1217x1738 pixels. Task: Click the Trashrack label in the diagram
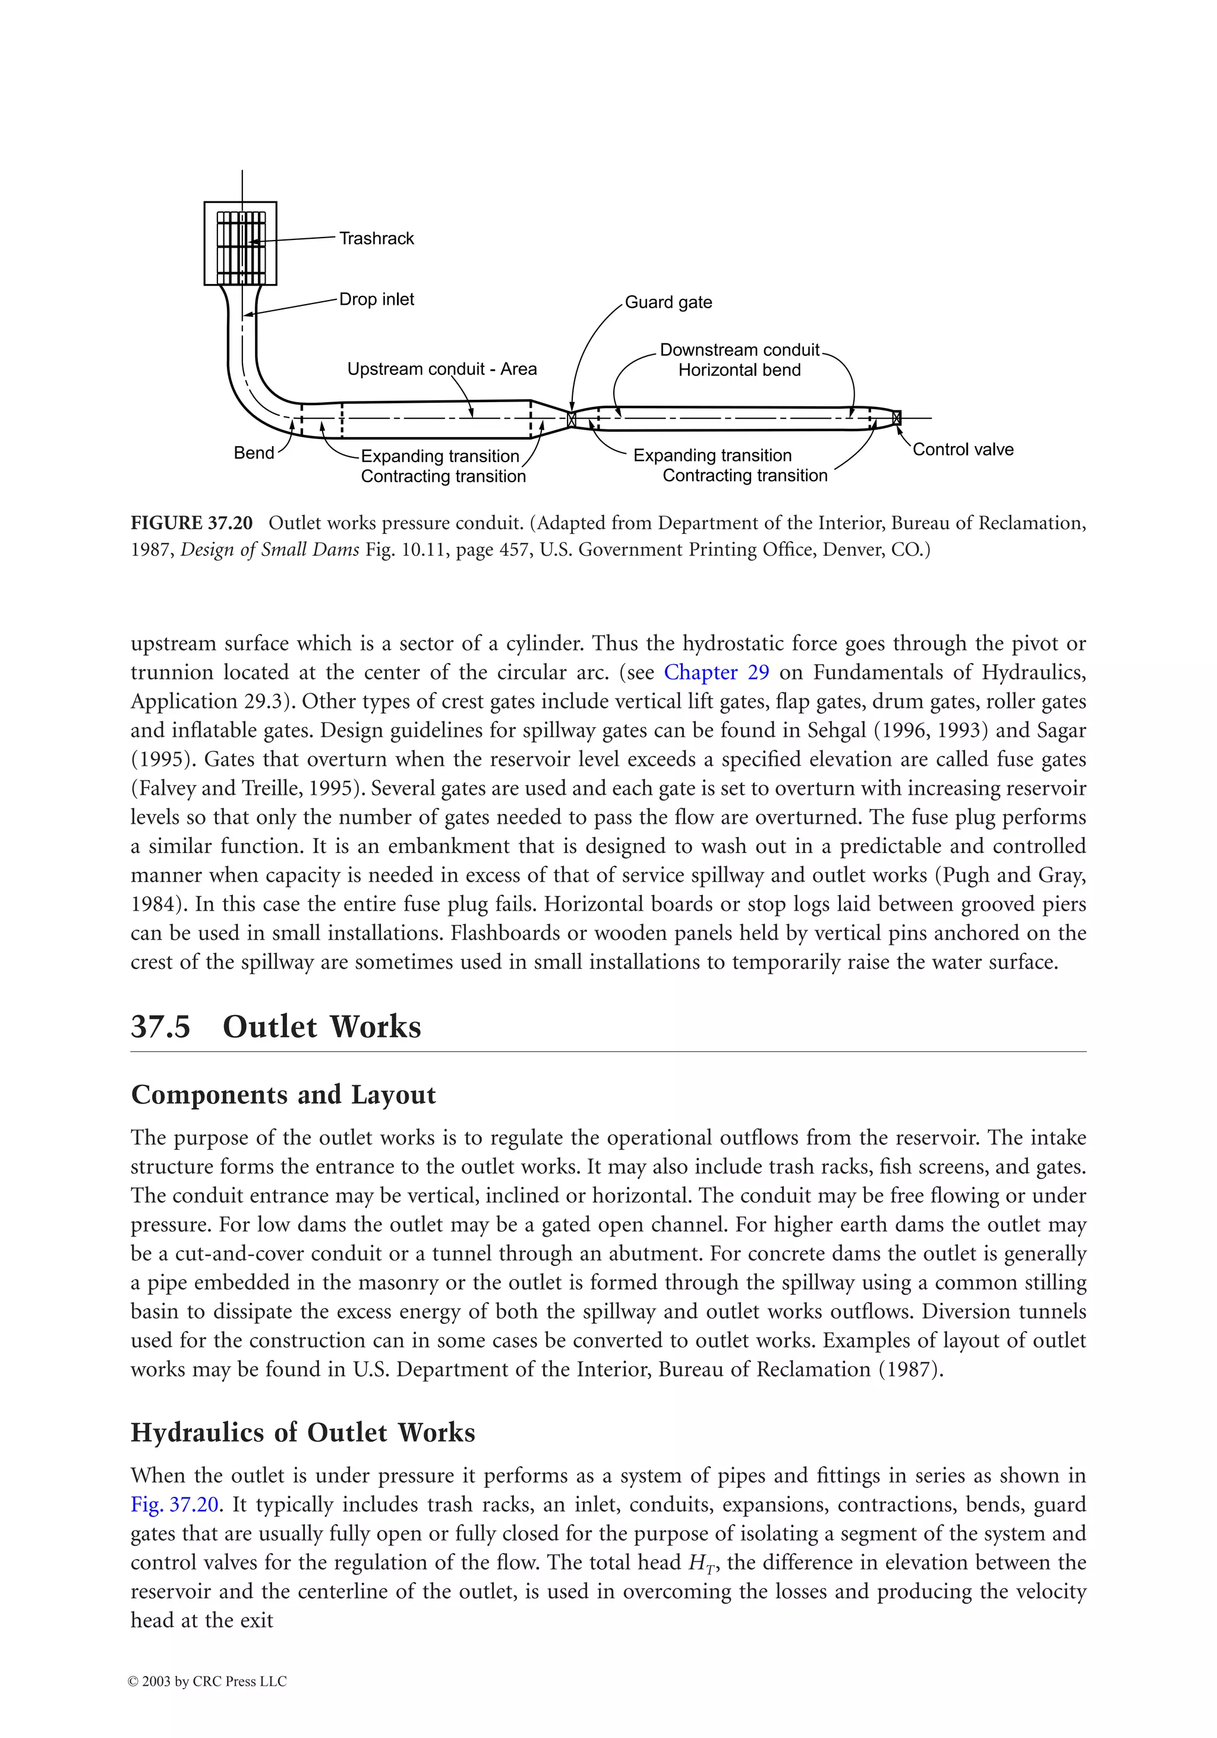(x=376, y=238)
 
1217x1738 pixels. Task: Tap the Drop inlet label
(x=376, y=300)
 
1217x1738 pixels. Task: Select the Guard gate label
(x=668, y=303)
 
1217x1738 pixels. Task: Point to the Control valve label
(x=963, y=450)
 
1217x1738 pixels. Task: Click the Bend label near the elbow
(x=254, y=453)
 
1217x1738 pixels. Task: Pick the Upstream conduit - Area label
(x=442, y=369)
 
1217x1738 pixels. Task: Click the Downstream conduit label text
(x=739, y=350)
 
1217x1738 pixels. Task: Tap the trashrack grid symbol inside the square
(x=241, y=244)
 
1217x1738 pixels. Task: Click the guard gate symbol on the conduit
(x=572, y=419)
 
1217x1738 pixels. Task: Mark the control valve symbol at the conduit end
(x=897, y=417)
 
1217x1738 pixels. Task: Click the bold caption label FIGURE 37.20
(x=191, y=523)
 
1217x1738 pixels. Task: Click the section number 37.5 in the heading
(x=160, y=1026)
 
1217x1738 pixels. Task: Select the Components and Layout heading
(x=283, y=1095)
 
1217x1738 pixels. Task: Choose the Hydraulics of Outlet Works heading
(x=303, y=1432)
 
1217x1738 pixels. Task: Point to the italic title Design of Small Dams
(x=270, y=549)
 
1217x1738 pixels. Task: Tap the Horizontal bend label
(x=739, y=370)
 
